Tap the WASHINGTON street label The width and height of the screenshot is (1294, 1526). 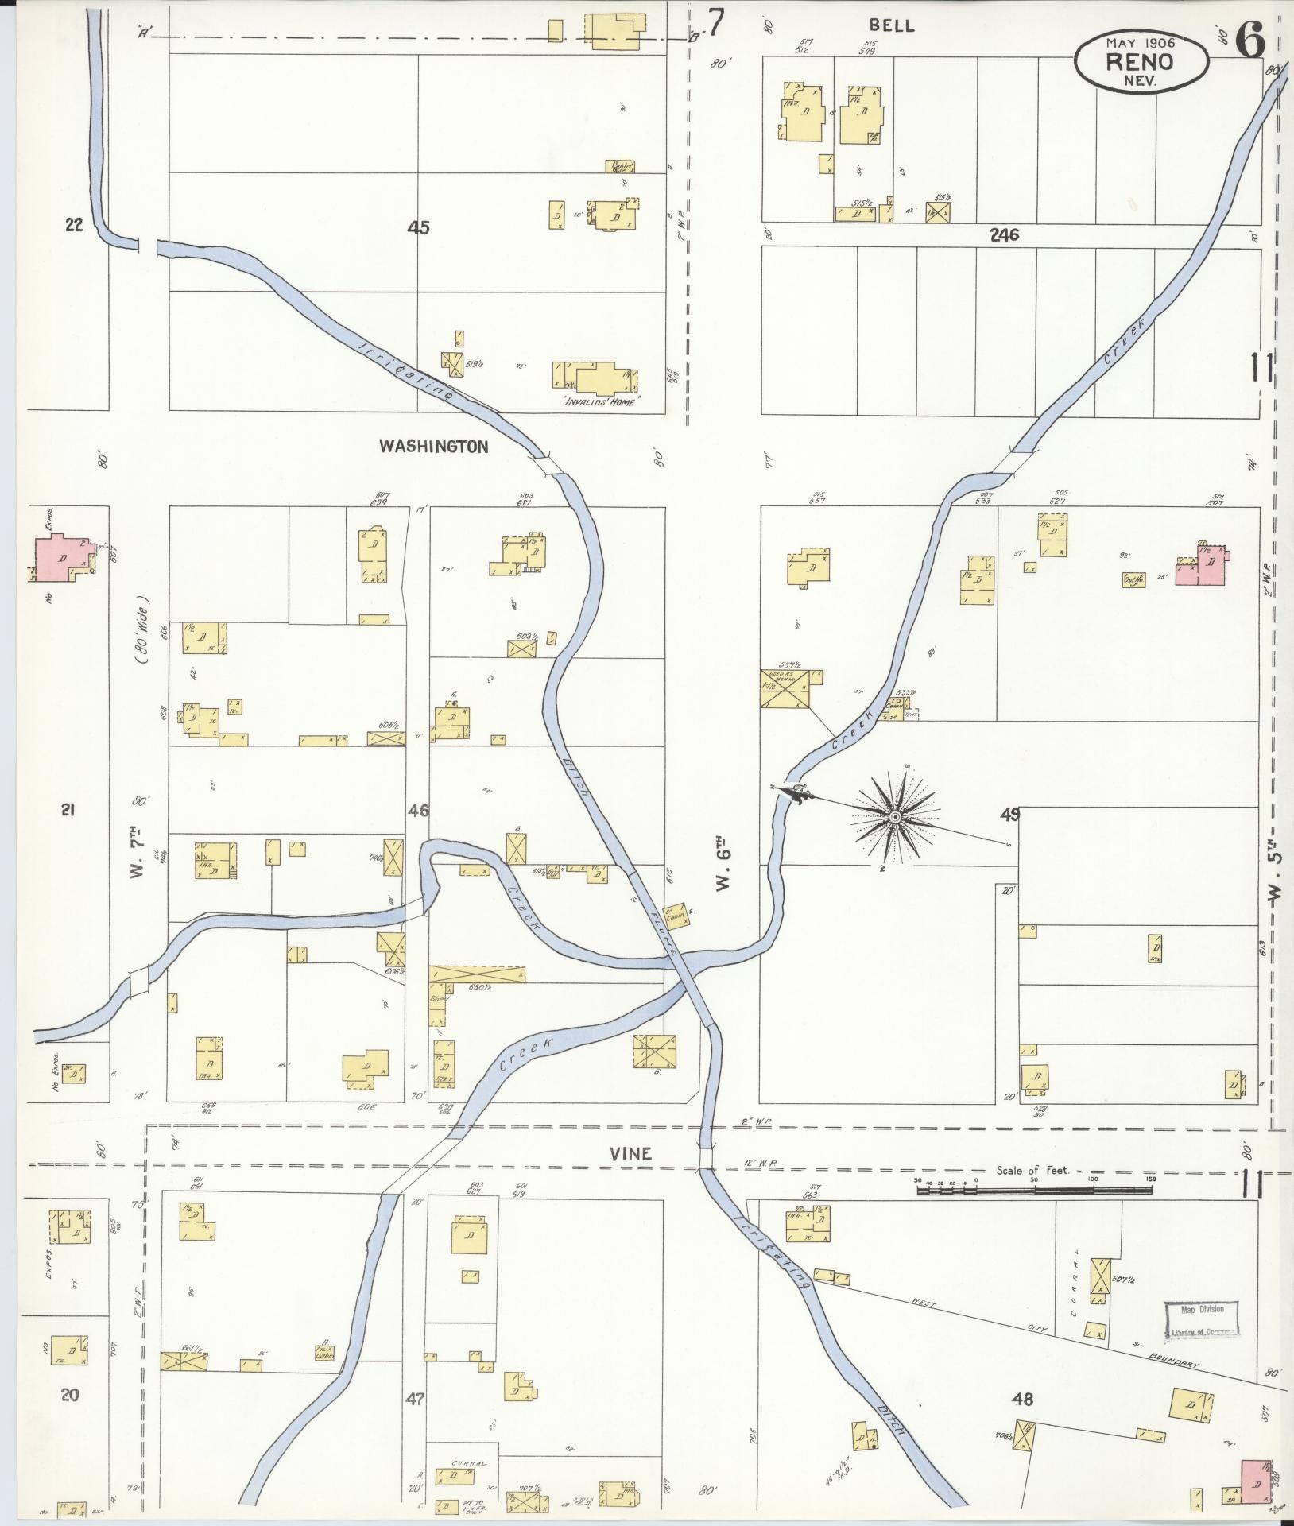433,447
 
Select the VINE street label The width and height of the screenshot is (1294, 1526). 633,1154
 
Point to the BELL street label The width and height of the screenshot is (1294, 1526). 892,26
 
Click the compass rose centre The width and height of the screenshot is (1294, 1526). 895,818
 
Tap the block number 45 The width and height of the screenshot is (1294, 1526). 418,228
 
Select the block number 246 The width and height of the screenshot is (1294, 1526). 1005,235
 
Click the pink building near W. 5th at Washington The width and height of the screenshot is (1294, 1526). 1205,564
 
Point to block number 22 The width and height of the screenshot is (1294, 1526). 74,225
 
